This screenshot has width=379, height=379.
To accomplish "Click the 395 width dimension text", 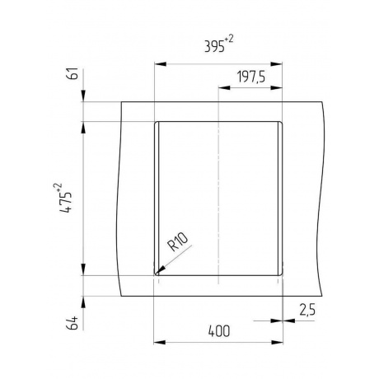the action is point(214,46).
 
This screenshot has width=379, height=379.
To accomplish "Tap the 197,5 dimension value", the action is point(251,77).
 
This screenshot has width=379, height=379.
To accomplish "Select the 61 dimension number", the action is point(73,73).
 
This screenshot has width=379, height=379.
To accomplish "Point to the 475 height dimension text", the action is point(66,202).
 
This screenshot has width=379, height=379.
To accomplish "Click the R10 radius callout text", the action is point(178,242).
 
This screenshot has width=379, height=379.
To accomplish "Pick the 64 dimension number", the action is point(73,323).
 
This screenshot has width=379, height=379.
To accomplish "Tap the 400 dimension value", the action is point(219,331).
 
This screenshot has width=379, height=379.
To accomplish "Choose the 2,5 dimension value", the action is point(307,310).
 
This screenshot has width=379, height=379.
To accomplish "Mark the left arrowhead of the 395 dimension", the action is point(161,64).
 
